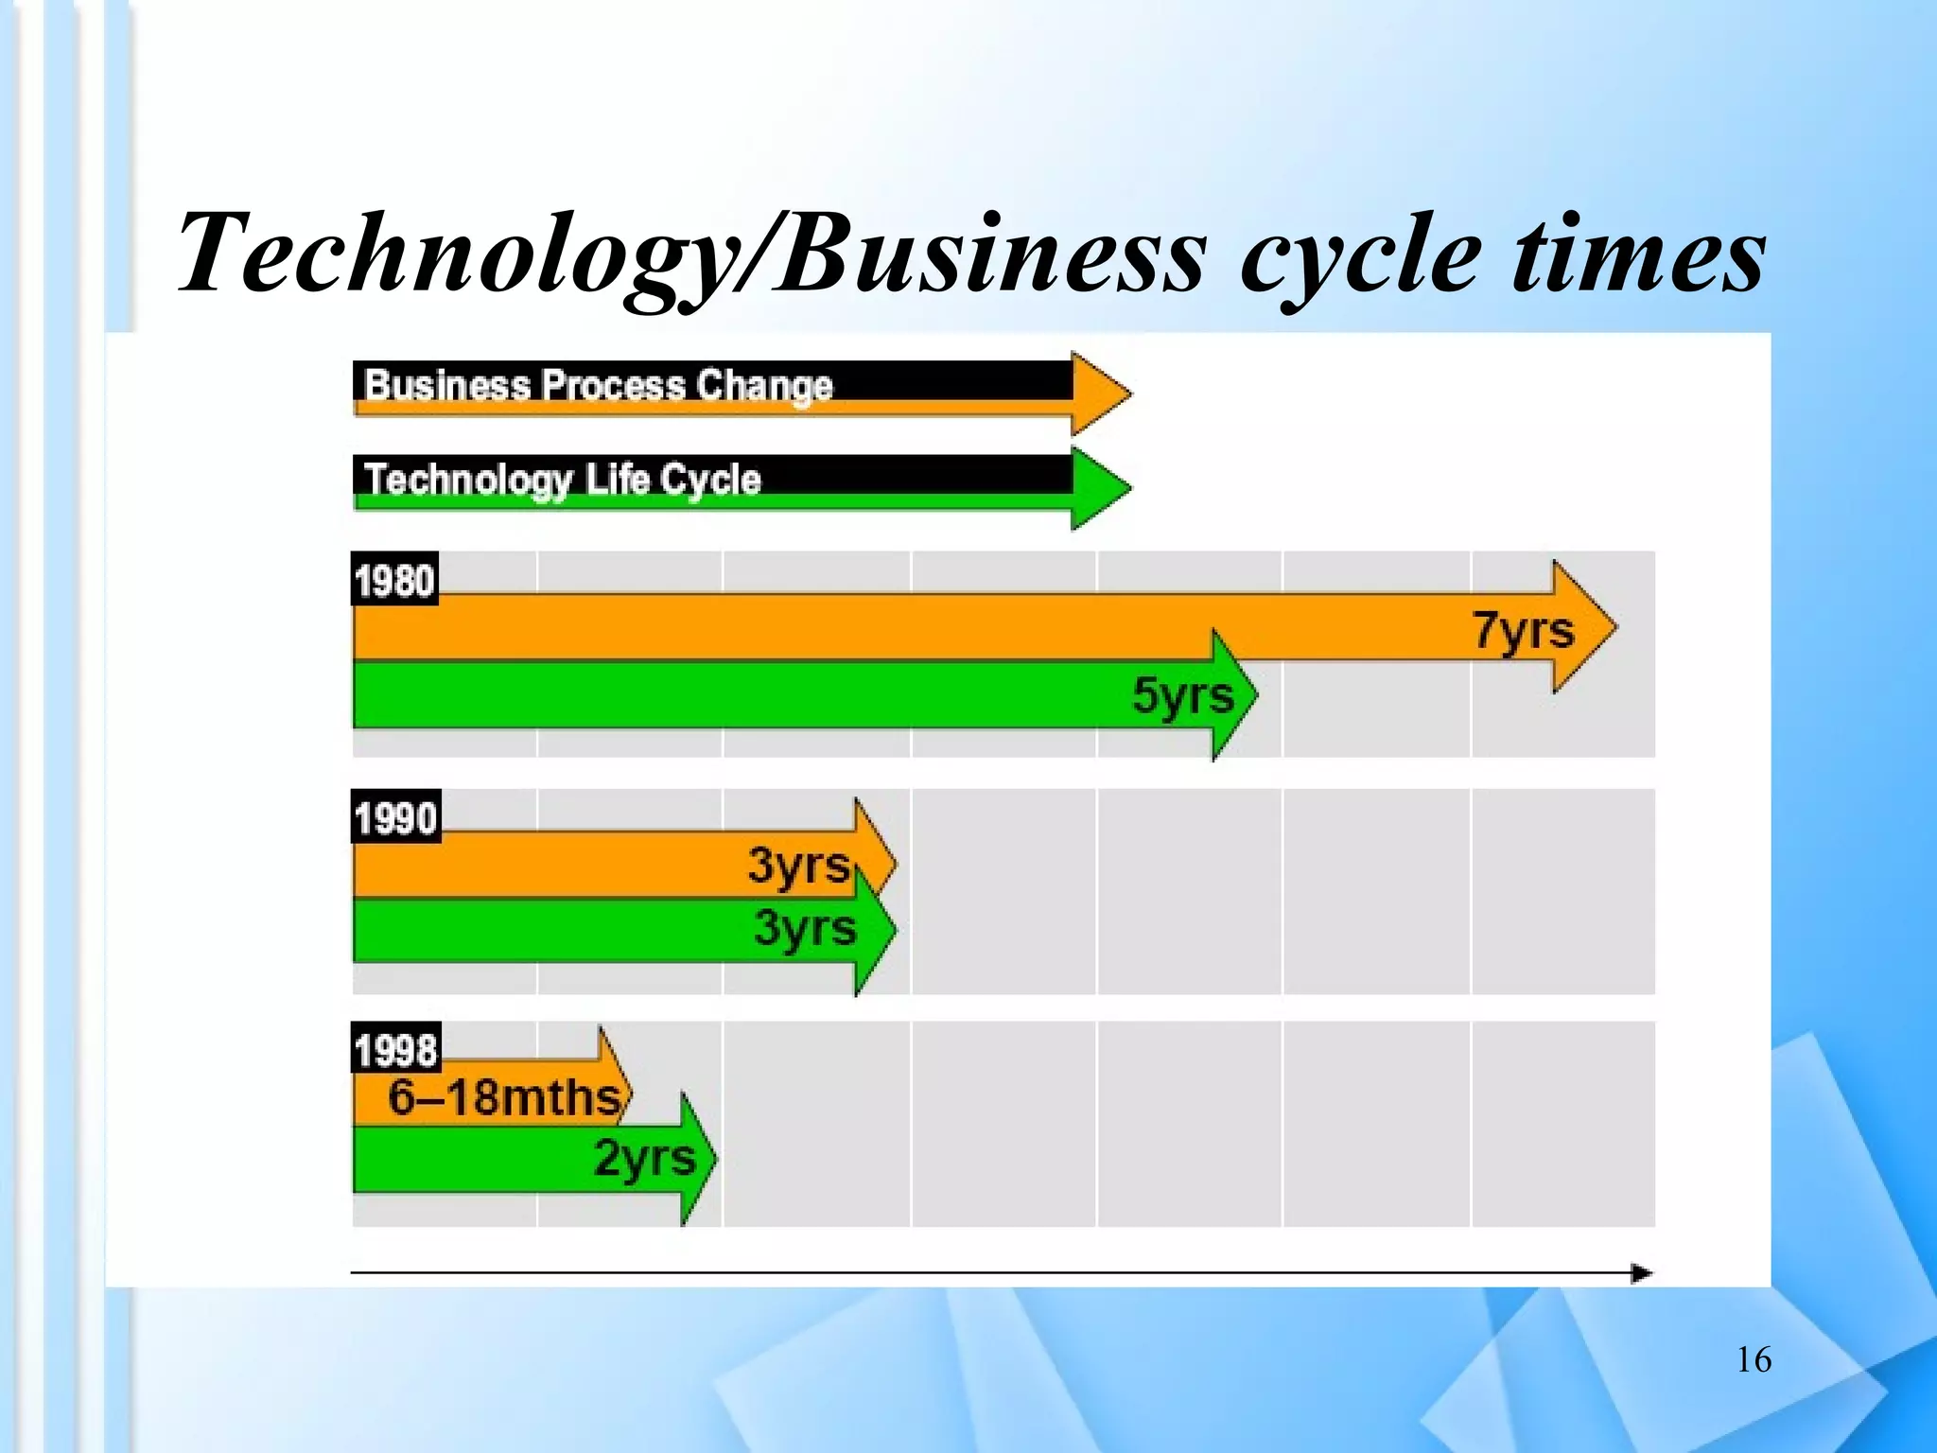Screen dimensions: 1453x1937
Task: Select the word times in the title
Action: pos(1638,254)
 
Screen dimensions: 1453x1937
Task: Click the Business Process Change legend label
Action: pos(598,386)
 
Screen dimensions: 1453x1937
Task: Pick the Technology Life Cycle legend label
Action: pos(562,480)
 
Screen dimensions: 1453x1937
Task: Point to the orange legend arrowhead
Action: pos(1099,394)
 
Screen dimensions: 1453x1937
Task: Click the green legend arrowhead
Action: pos(1099,488)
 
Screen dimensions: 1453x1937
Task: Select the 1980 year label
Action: pos(394,580)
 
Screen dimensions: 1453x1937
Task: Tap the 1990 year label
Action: pos(395,817)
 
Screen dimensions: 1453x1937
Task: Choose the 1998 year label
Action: pos(395,1050)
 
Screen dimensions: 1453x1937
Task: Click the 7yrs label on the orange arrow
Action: pos(1523,631)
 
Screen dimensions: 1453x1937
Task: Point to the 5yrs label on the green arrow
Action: pos(1183,696)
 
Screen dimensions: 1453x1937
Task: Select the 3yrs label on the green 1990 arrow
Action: pos(805,928)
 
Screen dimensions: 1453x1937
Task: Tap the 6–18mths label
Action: pos(504,1097)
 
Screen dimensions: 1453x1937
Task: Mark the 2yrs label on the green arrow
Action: pos(644,1158)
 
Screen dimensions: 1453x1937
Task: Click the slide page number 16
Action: pos(1754,1360)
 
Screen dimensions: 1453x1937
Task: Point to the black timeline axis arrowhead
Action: pos(1642,1273)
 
